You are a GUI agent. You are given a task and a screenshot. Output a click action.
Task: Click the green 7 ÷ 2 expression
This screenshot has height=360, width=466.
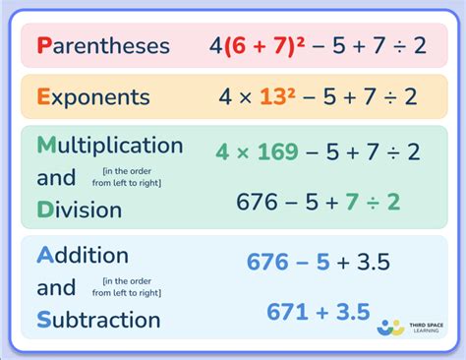[373, 202]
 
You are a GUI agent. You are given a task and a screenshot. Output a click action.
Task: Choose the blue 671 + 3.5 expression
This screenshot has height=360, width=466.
[318, 312]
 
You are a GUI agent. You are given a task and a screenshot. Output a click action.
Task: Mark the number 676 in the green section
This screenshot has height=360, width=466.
[258, 202]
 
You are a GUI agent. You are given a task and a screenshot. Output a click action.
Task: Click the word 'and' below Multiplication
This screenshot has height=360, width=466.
[56, 178]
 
